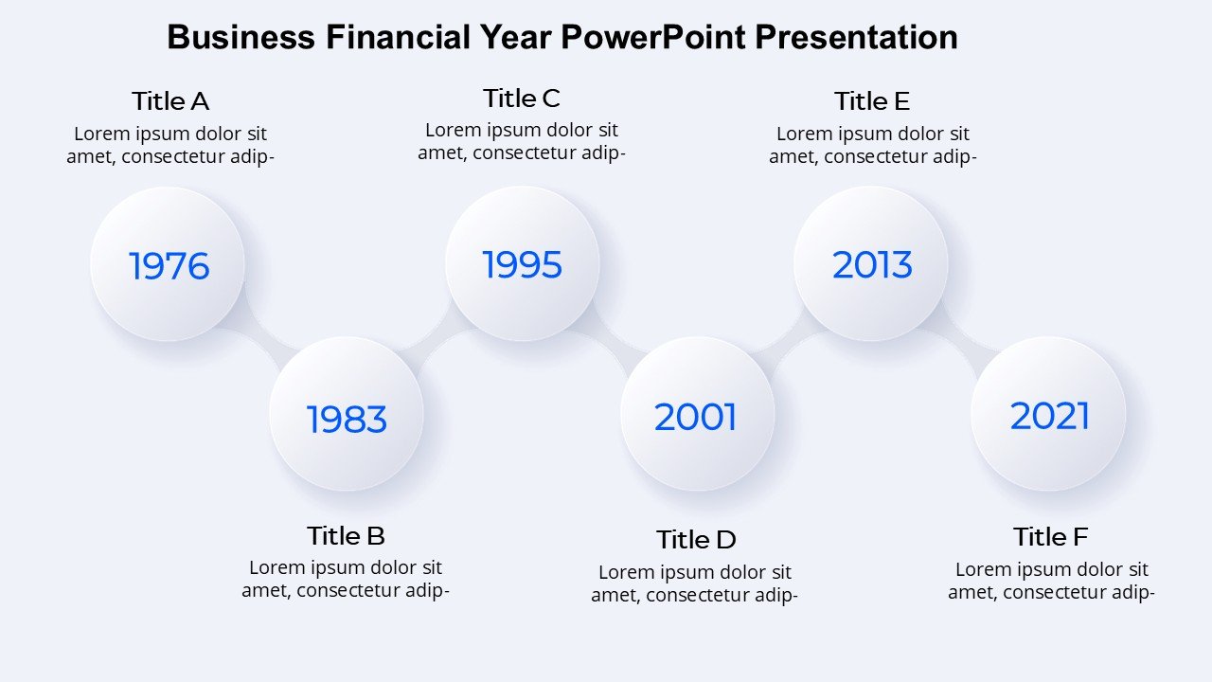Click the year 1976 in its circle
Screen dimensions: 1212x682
pyautogui.click(x=169, y=266)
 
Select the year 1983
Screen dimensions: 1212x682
pyautogui.click(x=347, y=420)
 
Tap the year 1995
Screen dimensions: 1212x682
pyautogui.click(x=522, y=264)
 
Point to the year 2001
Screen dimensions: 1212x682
pyautogui.click(x=695, y=418)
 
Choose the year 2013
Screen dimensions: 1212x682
pyautogui.click(x=872, y=264)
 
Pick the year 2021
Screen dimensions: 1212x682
pyautogui.click(x=1050, y=416)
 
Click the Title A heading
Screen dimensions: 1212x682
pyautogui.click(x=170, y=101)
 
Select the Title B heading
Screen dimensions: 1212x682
pyautogui.click(x=346, y=536)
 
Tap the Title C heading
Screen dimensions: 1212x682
pyautogui.click(x=522, y=99)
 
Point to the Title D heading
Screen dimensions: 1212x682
pyautogui.click(x=696, y=540)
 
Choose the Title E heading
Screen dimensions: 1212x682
pyautogui.click(x=872, y=101)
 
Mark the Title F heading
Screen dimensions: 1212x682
pyautogui.click(x=1050, y=537)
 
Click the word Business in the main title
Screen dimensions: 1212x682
pyautogui.click(x=241, y=37)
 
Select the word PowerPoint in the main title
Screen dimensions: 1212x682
pyautogui.click(x=652, y=37)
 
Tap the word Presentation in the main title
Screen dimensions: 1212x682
pyautogui.click(x=857, y=37)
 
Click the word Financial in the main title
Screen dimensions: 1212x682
pyautogui.click(x=398, y=37)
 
